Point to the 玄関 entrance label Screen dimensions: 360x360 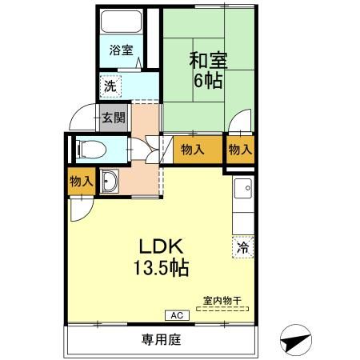pos(112,118)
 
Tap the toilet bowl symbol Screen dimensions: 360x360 pos(90,148)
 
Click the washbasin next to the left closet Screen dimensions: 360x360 pos(110,182)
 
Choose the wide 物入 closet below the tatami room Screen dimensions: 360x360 pos(192,149)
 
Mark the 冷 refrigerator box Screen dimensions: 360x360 pos(241,247)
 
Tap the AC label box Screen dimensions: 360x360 pos(174,315)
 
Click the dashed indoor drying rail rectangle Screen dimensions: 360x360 pos(222,307)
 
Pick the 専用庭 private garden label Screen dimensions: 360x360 pos(162,339)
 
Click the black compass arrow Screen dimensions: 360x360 pos(294,342)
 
